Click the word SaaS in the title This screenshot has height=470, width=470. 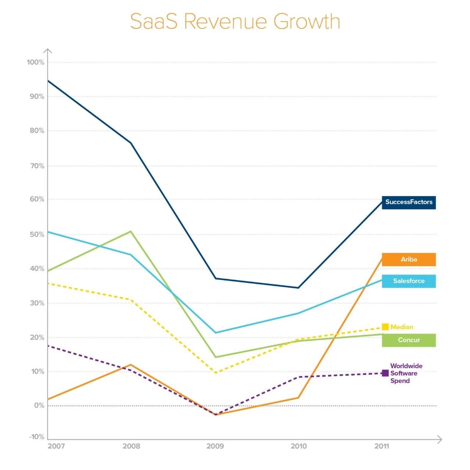153,21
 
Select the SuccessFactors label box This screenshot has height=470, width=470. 409,202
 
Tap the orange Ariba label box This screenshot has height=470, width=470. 409,260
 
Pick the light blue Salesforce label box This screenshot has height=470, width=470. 409,281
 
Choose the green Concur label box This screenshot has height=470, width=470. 409,340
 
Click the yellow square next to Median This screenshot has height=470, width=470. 385,327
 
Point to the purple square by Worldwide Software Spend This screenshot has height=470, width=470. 385,373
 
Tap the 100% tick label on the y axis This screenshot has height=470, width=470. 35,63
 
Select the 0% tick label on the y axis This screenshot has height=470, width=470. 39,406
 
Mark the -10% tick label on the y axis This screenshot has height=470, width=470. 37,437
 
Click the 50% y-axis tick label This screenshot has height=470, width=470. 37,235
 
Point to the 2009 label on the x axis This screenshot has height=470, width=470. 215,446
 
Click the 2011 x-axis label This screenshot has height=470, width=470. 382,446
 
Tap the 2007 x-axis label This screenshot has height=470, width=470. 56,446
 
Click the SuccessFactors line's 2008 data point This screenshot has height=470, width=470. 131,143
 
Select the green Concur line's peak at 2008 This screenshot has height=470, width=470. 131,231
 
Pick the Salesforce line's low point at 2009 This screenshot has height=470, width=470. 216,332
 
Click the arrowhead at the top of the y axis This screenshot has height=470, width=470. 47,51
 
